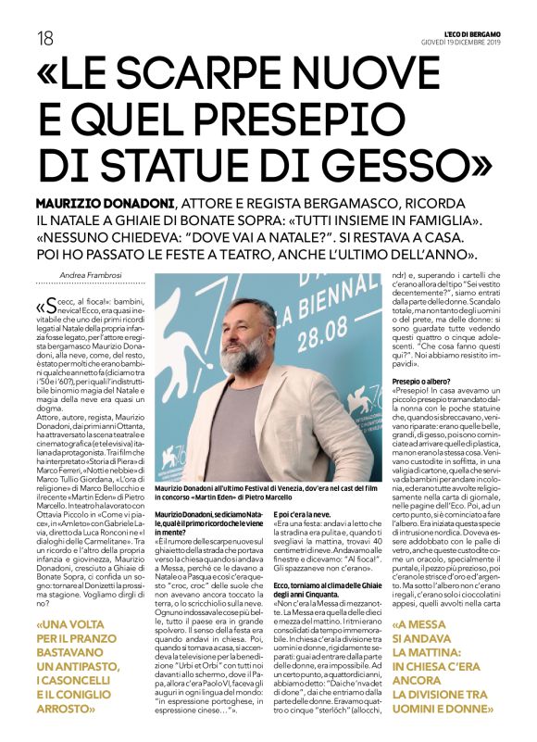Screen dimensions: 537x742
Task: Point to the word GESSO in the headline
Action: (x=395, y=168)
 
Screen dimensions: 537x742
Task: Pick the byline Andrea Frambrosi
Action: (x=92, y=274)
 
